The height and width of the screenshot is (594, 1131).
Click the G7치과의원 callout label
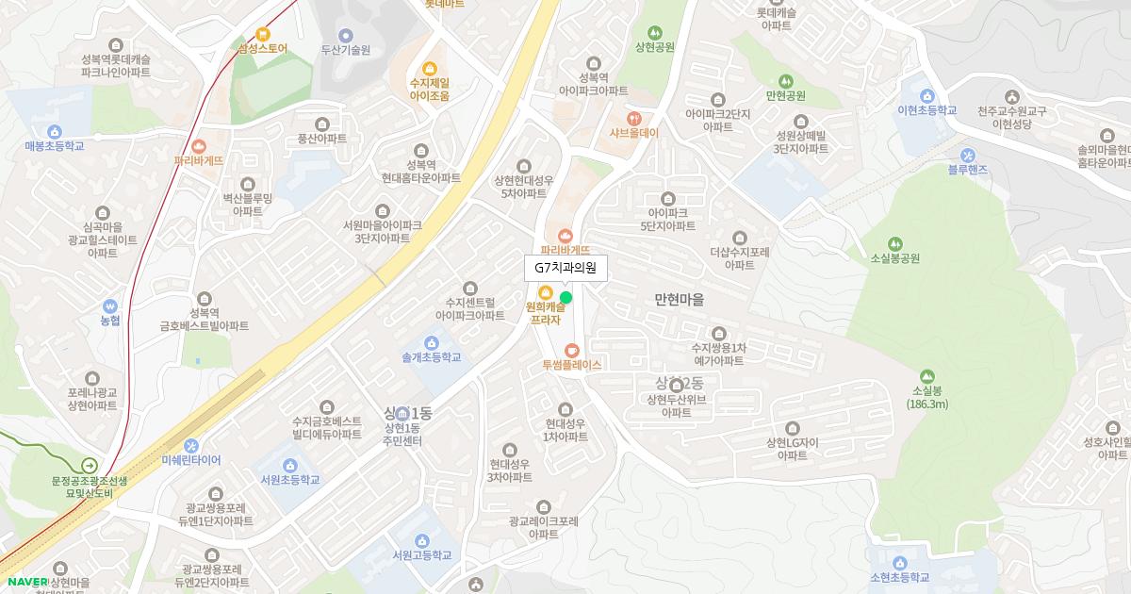[x=565, y=268]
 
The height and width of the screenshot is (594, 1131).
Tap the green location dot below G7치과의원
[x=565, y=298]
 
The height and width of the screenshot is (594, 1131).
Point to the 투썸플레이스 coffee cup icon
[x=571, y=351]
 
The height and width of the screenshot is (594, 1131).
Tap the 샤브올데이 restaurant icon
[x=633, y=119]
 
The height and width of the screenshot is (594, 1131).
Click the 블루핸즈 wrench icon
[x=967, y=156]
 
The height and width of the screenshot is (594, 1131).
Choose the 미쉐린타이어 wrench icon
[x=191, y=446]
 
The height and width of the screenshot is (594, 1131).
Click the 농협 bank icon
[x=110, y=306]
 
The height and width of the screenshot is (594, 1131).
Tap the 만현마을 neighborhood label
[x=679, y=299]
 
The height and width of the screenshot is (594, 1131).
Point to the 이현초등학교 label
[x=927, y=110]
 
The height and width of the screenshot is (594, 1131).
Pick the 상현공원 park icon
[x=655, y=33]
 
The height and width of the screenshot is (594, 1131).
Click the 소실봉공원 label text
[x=894, y=258]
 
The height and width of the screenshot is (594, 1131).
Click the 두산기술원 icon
[x=345, y=36]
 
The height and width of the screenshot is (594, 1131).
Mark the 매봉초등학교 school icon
[x=54, y=132]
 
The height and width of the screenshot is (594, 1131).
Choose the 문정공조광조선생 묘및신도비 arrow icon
[x=89, y=465]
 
